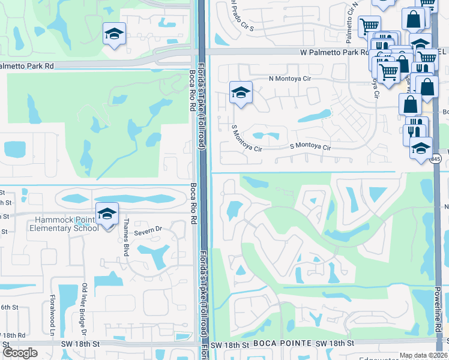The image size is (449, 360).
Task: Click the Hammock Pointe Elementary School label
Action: point(66,224)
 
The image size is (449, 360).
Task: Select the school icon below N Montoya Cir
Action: point(241,94)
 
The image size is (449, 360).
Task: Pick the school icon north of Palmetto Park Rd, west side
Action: point(113,35)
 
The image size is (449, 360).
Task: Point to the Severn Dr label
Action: point(149,231)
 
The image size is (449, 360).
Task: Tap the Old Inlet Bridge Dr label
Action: point(85,309)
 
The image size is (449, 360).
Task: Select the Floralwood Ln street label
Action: point(53,315)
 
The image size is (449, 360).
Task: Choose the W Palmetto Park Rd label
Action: point(334,53)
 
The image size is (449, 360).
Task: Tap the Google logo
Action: point(20,352)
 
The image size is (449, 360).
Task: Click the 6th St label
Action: point(8,307)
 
